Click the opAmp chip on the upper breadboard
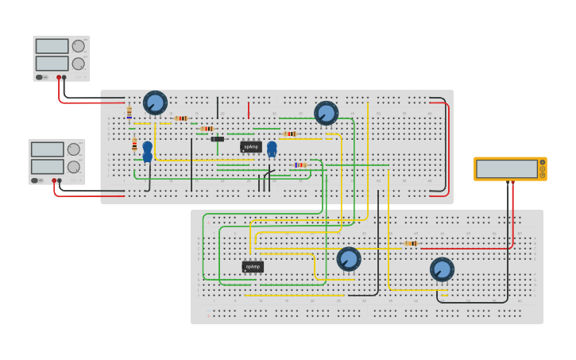(250, 147)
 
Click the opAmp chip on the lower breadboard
(253, 267)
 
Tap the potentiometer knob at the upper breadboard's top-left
(155, 103)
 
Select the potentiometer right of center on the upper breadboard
(326, 113)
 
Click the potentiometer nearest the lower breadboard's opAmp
(348, 258)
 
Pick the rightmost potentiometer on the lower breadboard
(442, 269)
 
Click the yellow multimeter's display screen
(506, 168)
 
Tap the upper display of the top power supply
(52, 46)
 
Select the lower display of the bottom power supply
(47, 166)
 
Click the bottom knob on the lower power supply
(73, 167)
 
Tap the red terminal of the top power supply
(59, 78)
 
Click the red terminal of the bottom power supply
(54, 181)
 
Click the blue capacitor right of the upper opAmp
(272, 149)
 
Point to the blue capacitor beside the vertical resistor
(147, 151)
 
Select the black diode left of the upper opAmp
(217, 139)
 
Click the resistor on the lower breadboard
(411, 243)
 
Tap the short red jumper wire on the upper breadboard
(248, 110)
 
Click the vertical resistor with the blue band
(129, 113)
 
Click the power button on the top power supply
(39, 77)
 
